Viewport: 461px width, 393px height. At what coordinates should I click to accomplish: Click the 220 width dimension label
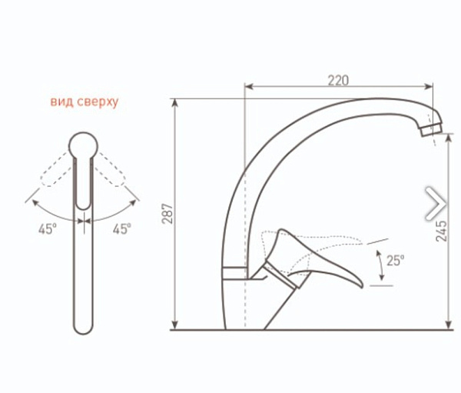(x=338, y=80)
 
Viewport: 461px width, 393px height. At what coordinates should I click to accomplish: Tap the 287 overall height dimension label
(x=168, y=214)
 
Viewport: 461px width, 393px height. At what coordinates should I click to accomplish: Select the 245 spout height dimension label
(x=441, y=231)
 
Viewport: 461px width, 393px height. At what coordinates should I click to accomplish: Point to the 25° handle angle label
(x=396, y=261)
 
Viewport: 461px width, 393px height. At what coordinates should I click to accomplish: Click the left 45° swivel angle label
(x=48, y=228)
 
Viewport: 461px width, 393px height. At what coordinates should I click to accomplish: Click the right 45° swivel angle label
(x=122, y=228)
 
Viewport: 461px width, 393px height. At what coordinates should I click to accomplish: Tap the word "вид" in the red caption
(x=61, y=102)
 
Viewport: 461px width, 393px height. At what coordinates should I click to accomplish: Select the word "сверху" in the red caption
(x=98, y=102)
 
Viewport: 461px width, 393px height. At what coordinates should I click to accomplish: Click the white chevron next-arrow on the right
(x=435, y=203)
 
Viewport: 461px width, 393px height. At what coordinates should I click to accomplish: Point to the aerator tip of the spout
(x=432, y=130)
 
